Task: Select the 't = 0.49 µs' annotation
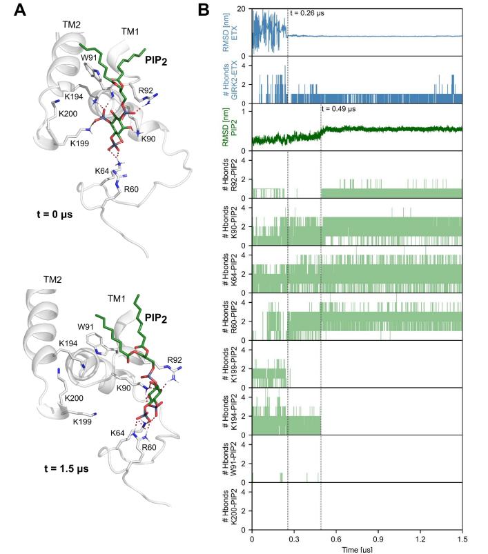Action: [x=343, y=108]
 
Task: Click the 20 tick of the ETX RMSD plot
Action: [x=240, y=9]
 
